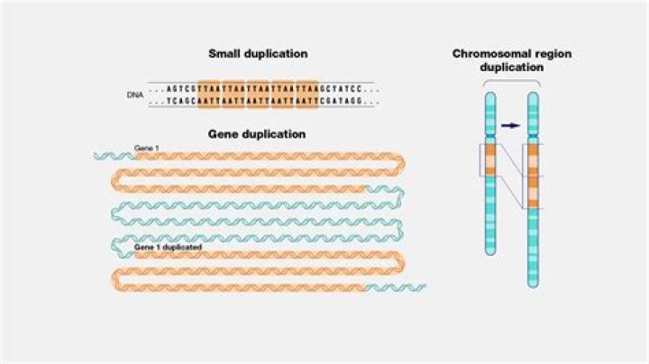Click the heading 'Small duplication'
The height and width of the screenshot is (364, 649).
259,54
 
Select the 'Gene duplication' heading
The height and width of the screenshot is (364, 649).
257,134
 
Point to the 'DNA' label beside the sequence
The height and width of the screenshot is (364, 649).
135,95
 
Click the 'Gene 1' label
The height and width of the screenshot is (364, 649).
146,148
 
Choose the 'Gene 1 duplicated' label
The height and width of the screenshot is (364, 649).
168,246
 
